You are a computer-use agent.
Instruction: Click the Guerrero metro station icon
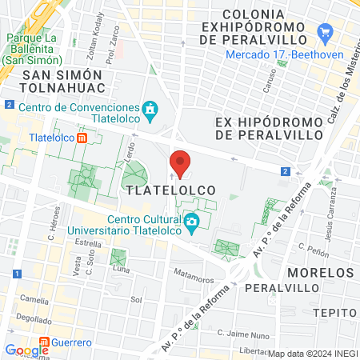(x=45, y=342)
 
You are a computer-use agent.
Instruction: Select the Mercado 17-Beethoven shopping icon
(x=325, y=34)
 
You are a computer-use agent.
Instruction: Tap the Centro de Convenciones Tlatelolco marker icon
(x=149, y=108)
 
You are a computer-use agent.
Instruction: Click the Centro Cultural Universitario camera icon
(x=191, y=222)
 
